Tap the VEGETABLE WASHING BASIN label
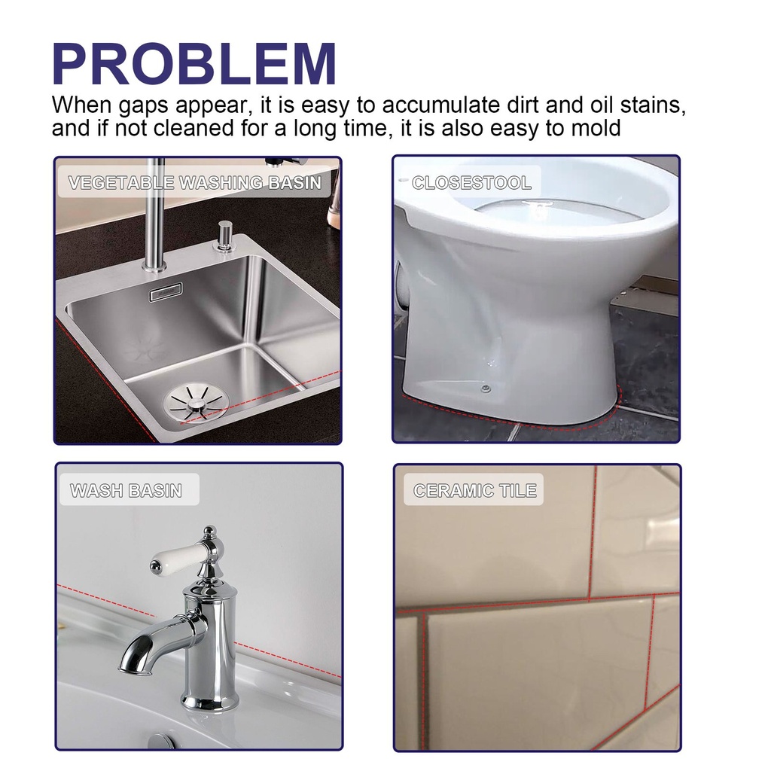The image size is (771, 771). pyautogui.click(x=194, y=183)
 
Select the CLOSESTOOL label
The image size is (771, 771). pyautogui.click(x=471, y=183)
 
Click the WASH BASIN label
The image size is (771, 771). pyautogui.click(x=126, y=491)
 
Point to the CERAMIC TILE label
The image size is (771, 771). pyautogui.click(x=475, y=491)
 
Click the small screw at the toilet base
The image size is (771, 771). pyautogui.click(x=486, y=389)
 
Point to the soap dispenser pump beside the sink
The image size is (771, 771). pyautogui.click(x=223, y=235)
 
